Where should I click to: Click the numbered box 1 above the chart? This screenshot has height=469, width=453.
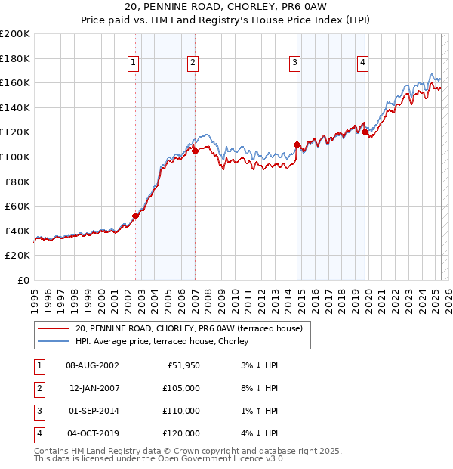click(x=133, y=63)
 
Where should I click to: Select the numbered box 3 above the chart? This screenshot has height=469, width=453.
click(x=294, y=63)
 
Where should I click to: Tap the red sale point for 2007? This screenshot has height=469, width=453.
click(x=195, y=151)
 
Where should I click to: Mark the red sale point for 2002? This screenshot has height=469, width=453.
click(x=136, y=216)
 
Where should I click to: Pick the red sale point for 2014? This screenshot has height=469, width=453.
click(x=297, y=144)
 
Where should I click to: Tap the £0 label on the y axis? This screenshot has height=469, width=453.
click(x=23, y=280)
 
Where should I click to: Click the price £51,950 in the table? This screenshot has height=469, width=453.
click(x=183, y=365)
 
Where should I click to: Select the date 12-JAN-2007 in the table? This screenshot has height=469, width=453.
click(x=94, y=388)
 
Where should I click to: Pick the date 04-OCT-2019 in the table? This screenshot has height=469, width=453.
click(x=94, y=433)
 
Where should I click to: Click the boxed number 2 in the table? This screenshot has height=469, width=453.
click(x=38, y=388)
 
